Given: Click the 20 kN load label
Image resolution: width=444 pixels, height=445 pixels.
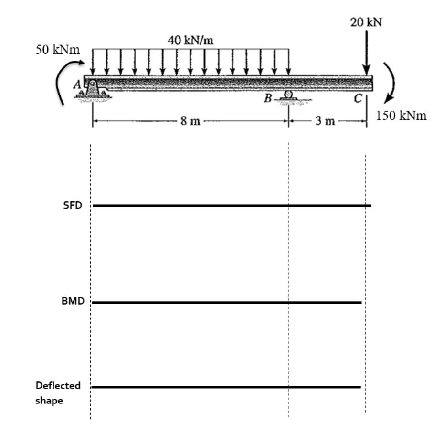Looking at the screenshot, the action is (366, 22).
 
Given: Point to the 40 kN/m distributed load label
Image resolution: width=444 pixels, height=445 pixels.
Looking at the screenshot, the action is (190, 40).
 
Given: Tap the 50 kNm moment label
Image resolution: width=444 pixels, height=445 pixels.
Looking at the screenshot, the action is (58, 50).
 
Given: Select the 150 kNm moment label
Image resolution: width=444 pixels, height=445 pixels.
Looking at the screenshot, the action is (401, 116).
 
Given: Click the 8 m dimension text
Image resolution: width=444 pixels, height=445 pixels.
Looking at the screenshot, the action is (190, 121).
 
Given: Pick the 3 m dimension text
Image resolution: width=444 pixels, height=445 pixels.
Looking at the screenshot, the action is (325, 121).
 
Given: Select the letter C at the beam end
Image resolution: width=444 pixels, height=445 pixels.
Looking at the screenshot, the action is (358, 98).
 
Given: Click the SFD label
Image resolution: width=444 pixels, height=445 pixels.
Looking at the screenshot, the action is (73, 205).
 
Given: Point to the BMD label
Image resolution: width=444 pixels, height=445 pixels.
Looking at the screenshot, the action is (73, 301).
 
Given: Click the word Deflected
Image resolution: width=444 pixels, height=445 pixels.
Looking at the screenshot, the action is (58, 385).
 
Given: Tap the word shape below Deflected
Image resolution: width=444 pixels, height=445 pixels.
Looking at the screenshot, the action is (49, 401).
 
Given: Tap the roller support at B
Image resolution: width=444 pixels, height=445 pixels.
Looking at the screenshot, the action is (288, 95).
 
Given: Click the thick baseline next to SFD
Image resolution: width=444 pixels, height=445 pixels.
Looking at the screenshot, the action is (232, 205).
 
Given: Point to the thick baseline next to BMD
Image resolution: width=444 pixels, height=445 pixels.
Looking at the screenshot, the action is (227, 303).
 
